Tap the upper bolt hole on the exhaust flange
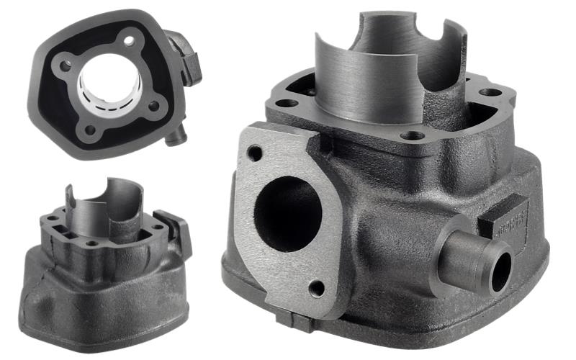[x=254, y=153]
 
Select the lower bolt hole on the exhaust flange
[x=315, y=289]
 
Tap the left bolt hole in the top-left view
[x=66, y=66]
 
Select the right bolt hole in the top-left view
[x=153, y=107]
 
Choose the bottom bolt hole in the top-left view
[x=89, y=131]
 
